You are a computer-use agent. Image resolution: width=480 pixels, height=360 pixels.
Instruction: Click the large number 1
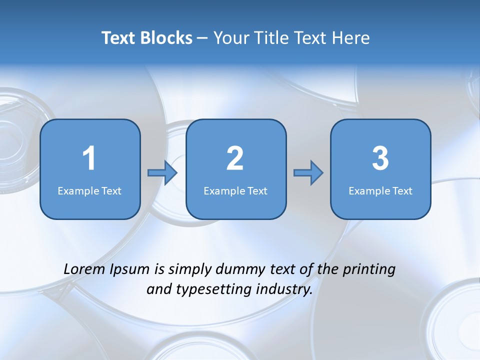pos(89,158)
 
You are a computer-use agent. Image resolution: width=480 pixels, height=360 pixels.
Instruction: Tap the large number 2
pos(235,158)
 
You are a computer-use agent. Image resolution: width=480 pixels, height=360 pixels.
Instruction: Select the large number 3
pos(380,158)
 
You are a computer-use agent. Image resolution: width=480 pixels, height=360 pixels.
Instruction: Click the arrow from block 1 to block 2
pos(162,173)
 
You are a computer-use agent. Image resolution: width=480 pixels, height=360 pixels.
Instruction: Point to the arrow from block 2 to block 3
pos(308,173)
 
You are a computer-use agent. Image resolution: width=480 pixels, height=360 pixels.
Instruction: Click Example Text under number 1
pos(89,190)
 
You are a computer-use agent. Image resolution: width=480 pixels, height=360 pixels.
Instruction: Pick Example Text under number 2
pos(235,190)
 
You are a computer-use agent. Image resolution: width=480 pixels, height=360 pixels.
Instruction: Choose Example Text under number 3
pos(380,190)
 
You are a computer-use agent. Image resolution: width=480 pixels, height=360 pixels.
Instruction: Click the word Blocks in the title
pos(166,38)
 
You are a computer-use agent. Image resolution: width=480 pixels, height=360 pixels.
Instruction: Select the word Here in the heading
pos(351,38)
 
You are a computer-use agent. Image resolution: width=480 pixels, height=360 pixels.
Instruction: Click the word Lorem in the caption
pos(84,269)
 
